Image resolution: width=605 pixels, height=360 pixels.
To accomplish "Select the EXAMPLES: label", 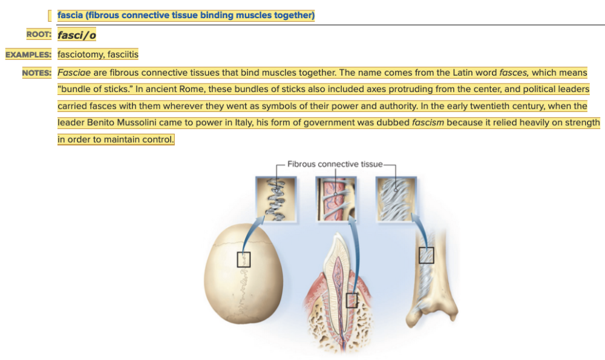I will pos(28,55).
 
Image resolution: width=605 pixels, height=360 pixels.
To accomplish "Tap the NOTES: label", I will pos(37,73).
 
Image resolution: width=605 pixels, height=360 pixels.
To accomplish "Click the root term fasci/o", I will pos(77,35).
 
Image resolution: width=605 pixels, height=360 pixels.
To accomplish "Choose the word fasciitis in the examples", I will pos(123,55).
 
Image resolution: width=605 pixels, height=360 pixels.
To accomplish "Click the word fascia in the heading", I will pos(71,15).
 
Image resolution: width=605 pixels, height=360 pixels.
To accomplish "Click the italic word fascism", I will pos(428,123).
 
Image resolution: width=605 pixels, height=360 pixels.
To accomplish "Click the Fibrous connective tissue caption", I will pos(335,164).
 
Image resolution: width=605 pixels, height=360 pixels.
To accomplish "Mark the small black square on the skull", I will pos(244,260).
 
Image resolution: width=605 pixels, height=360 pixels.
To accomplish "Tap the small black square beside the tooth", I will pos(352,299).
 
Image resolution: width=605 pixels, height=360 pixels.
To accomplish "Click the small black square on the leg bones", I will pos(427,255).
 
